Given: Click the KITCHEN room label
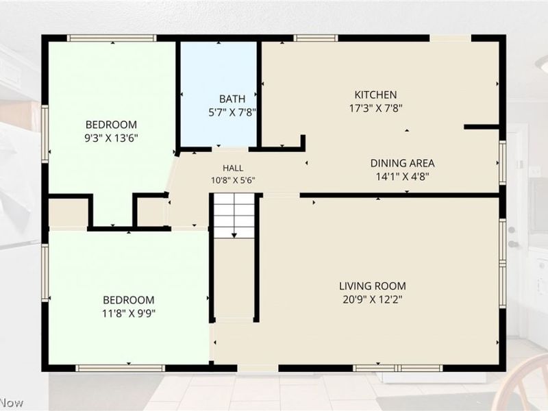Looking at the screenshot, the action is tap(375, 95).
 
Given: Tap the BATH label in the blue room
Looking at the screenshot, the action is tap(232, 99).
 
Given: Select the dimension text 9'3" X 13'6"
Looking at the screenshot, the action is tap(111, 138).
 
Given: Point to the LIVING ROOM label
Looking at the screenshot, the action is tap(373, 286).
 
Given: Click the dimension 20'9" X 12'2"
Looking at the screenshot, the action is tap(373, 299).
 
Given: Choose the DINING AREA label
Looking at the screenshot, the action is tap(402, 163).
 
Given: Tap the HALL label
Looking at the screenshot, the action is tap(233, 168).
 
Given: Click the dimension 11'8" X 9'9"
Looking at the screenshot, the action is tap(129, 313).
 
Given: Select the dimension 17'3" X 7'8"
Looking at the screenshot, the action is tap(375, 108).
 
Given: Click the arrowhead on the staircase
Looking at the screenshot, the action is tap(234, 236).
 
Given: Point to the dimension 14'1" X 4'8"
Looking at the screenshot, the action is tap(402, 177).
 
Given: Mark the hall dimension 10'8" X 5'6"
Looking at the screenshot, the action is tap(233, 180).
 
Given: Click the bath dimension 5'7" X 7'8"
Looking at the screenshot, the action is tap(232, 112).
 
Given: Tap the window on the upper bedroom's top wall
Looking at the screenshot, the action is tap(112, 38).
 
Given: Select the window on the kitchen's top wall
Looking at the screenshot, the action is tap(316, 38).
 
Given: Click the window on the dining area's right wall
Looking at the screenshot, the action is tap(502, 162).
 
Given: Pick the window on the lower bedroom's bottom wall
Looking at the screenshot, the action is tap(121, 368).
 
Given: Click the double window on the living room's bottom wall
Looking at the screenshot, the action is tap(397, 368).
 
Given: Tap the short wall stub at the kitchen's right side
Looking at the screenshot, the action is tap(482, 127).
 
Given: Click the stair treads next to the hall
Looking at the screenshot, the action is tap(234, 216).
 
